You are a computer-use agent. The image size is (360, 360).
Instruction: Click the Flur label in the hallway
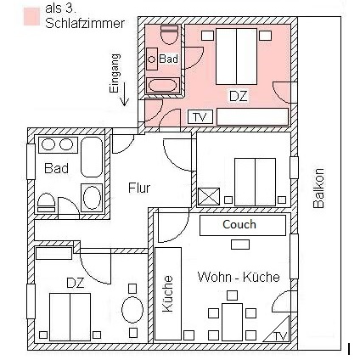click(139, 188)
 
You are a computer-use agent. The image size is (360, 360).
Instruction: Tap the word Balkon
click(318, 188)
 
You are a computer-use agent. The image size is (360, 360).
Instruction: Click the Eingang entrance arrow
click(124, 97)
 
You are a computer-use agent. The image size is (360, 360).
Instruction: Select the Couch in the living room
click(243, 225)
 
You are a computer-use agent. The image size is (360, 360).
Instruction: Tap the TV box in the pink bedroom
click(200, 116)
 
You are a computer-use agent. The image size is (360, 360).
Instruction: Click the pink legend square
click(31, 17)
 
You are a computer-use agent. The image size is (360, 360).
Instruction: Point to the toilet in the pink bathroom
click(170, 35)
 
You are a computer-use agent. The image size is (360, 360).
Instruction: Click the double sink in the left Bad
click(58, 145)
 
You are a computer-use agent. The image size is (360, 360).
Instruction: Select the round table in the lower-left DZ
click(132, 309)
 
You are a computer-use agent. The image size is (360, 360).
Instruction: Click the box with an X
click(209, 196)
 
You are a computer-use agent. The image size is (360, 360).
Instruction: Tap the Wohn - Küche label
click(239, 277)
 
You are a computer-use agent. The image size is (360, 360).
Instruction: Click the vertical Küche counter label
click(168, 294)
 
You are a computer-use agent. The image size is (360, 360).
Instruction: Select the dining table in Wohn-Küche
click(232, 322)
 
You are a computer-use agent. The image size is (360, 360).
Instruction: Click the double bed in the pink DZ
click(237, 56)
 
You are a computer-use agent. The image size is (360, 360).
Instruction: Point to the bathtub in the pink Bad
click(163, 85)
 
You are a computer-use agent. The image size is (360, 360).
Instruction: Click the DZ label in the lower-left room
click(76, 283)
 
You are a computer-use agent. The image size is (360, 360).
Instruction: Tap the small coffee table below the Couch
click(240, 245)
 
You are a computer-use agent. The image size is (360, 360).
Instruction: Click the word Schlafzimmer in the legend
click(85, 23)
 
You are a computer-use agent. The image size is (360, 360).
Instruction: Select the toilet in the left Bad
click(46, 203)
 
